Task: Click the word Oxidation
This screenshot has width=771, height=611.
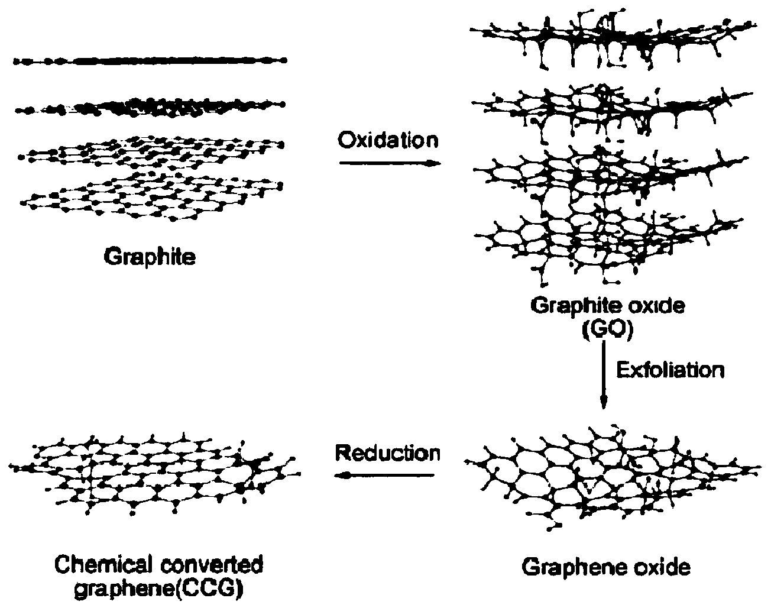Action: [x=388, y=140]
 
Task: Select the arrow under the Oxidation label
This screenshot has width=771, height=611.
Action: [x=390, y=163]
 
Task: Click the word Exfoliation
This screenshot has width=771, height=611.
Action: [x=670, y=370]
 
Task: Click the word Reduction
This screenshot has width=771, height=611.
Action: [x=387, y=453]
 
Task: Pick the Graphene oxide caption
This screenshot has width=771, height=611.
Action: [x=606, y=567]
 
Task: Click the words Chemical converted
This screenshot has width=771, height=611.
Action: [x=159, y=565]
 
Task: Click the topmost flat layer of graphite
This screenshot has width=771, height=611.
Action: [x=151, y=60]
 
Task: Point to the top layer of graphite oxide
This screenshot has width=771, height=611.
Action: [x=609, y=38]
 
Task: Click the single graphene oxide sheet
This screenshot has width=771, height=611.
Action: [x=609, y=473]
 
